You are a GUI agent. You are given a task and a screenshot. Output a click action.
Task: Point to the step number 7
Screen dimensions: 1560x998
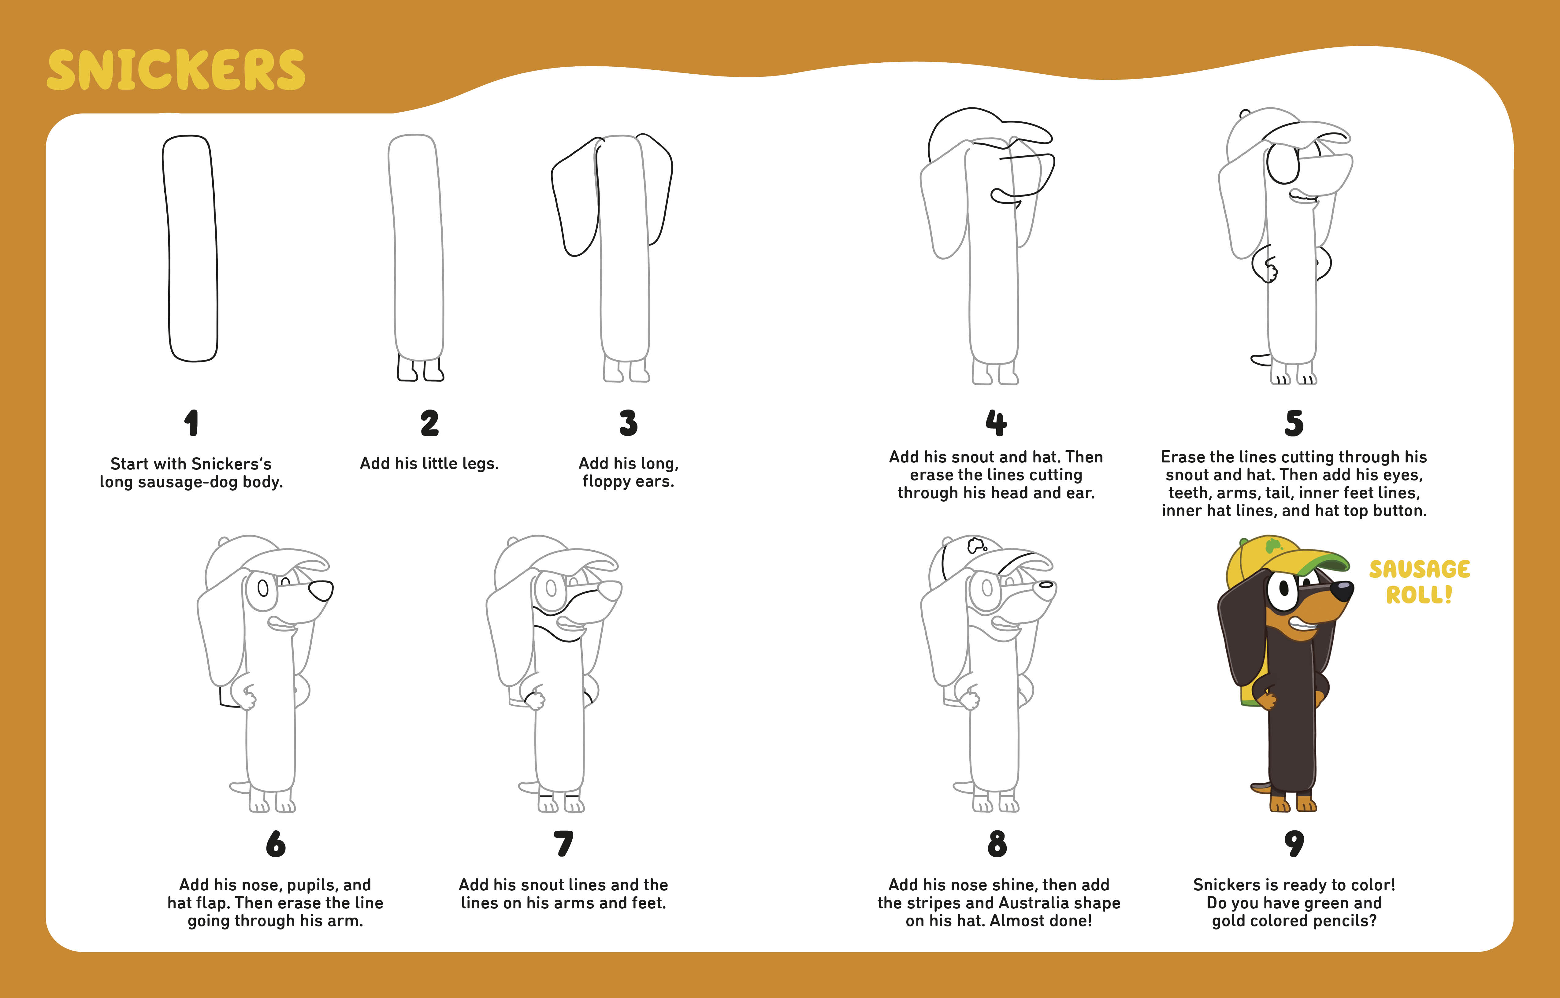[x=563, y=844]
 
